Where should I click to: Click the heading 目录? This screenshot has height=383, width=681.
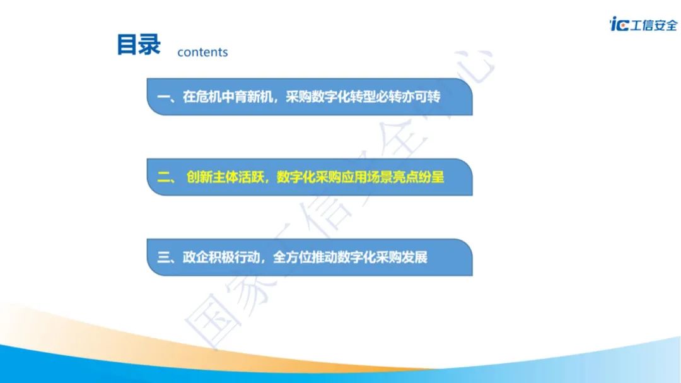point(139,44)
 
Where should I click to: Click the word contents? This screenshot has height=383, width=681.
point(202,52)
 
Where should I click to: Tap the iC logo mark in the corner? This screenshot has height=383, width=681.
point(619,24)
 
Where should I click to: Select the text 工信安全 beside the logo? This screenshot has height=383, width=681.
point(654,25)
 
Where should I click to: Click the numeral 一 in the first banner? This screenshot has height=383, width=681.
point(163,97)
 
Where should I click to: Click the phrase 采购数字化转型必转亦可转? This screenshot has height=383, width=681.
point(363,97)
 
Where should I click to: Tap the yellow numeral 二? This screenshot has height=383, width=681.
point(164,177)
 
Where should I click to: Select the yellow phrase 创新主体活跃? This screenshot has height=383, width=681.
point(224,177)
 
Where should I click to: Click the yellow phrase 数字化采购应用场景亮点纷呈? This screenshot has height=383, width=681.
point(360,177)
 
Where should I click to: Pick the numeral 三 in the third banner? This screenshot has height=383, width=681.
point(164,257)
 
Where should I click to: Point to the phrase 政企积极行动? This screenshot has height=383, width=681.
point(221,257)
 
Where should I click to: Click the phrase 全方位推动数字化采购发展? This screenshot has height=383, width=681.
point(350,257)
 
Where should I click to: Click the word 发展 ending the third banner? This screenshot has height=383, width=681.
point(414,257)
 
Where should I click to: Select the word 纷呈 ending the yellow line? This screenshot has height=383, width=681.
point(431,177)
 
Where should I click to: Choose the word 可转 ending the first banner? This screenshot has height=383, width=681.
point(428,97)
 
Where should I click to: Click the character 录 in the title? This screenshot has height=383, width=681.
point(150,44)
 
